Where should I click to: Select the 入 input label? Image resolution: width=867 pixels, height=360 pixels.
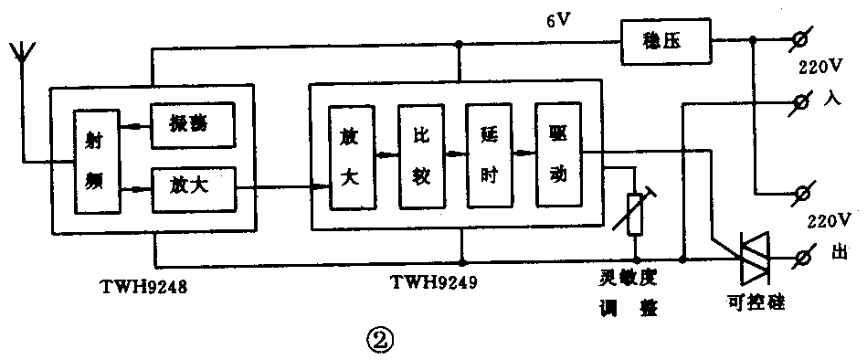(x=831, y=100)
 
